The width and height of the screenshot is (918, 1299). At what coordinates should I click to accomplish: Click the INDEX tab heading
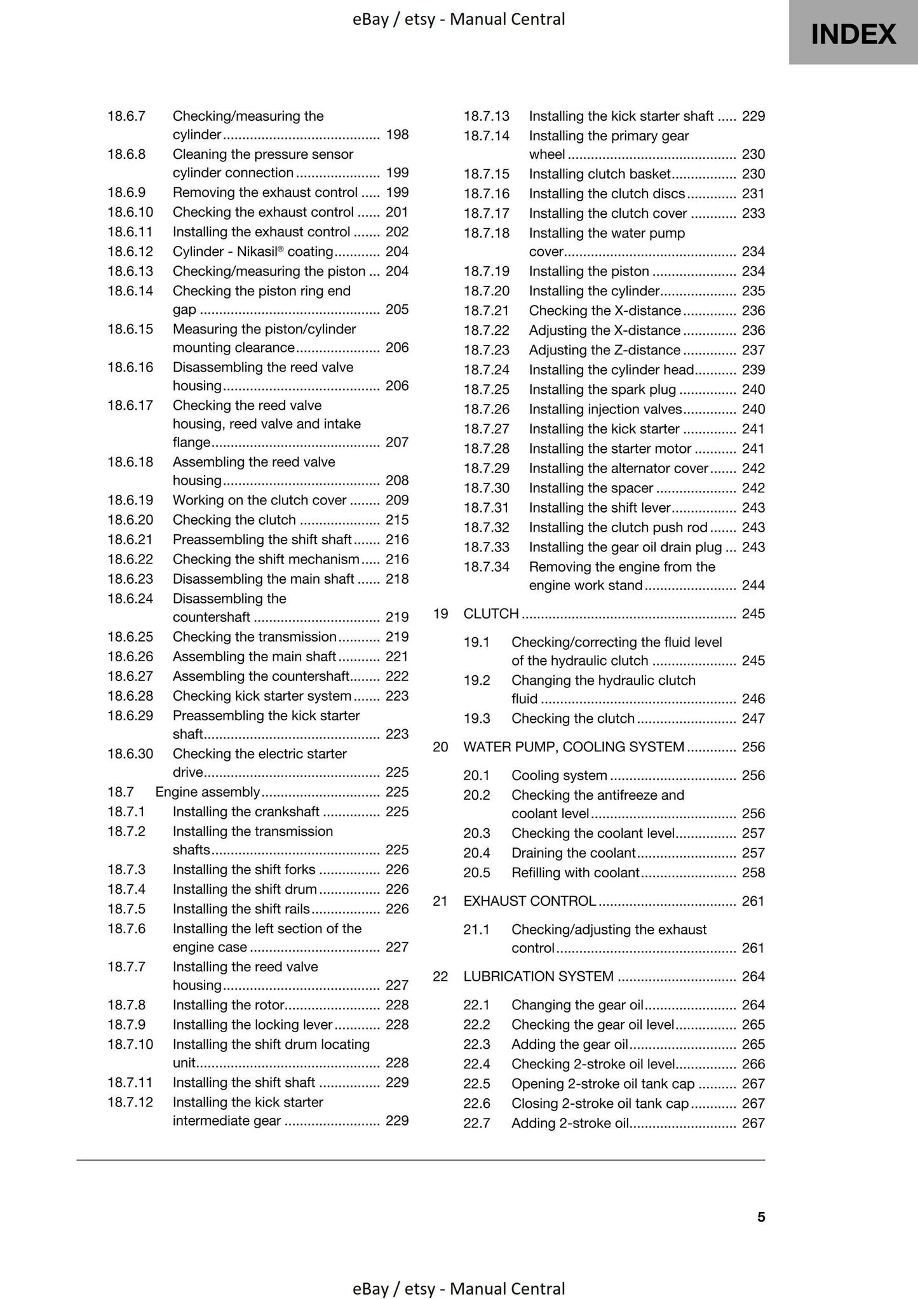point(853,34)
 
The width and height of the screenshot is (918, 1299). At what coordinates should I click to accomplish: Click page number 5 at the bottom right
point(761,1216)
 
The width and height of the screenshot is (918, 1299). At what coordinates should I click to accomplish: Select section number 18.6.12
point(130,252)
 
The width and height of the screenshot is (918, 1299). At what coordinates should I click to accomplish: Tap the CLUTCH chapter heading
point(491,614)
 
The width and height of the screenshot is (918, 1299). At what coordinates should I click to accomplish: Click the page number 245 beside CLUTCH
point(753,614)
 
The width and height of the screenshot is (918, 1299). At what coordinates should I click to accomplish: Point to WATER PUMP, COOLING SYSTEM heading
point(574,747)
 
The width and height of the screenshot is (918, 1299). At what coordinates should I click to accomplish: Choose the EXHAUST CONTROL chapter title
point(529,901)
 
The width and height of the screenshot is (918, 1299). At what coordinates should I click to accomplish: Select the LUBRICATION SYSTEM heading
point(538,976)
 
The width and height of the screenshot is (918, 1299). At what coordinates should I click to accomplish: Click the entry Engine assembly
point(208,792)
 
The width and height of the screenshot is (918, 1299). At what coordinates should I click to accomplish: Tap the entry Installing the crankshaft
point(246,812)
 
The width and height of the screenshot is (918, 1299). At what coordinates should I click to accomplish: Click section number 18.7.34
point(486,567)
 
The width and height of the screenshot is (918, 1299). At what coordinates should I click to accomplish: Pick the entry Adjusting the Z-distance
point(604,350)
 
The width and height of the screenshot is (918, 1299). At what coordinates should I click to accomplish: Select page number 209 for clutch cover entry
point(397,500)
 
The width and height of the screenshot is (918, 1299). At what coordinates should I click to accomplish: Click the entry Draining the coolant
point(573,852)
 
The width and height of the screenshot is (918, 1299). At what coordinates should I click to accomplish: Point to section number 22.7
point(476,1123)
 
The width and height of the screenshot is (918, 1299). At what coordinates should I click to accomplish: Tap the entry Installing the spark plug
point(602,389)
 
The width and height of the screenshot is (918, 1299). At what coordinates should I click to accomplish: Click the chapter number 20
point(440,747)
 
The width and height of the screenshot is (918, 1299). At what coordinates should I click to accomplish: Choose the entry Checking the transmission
point(254,636)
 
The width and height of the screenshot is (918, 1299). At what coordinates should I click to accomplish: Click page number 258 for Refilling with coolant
point(753,872)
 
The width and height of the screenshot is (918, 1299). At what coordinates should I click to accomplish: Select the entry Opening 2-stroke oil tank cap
point(603,1084)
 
